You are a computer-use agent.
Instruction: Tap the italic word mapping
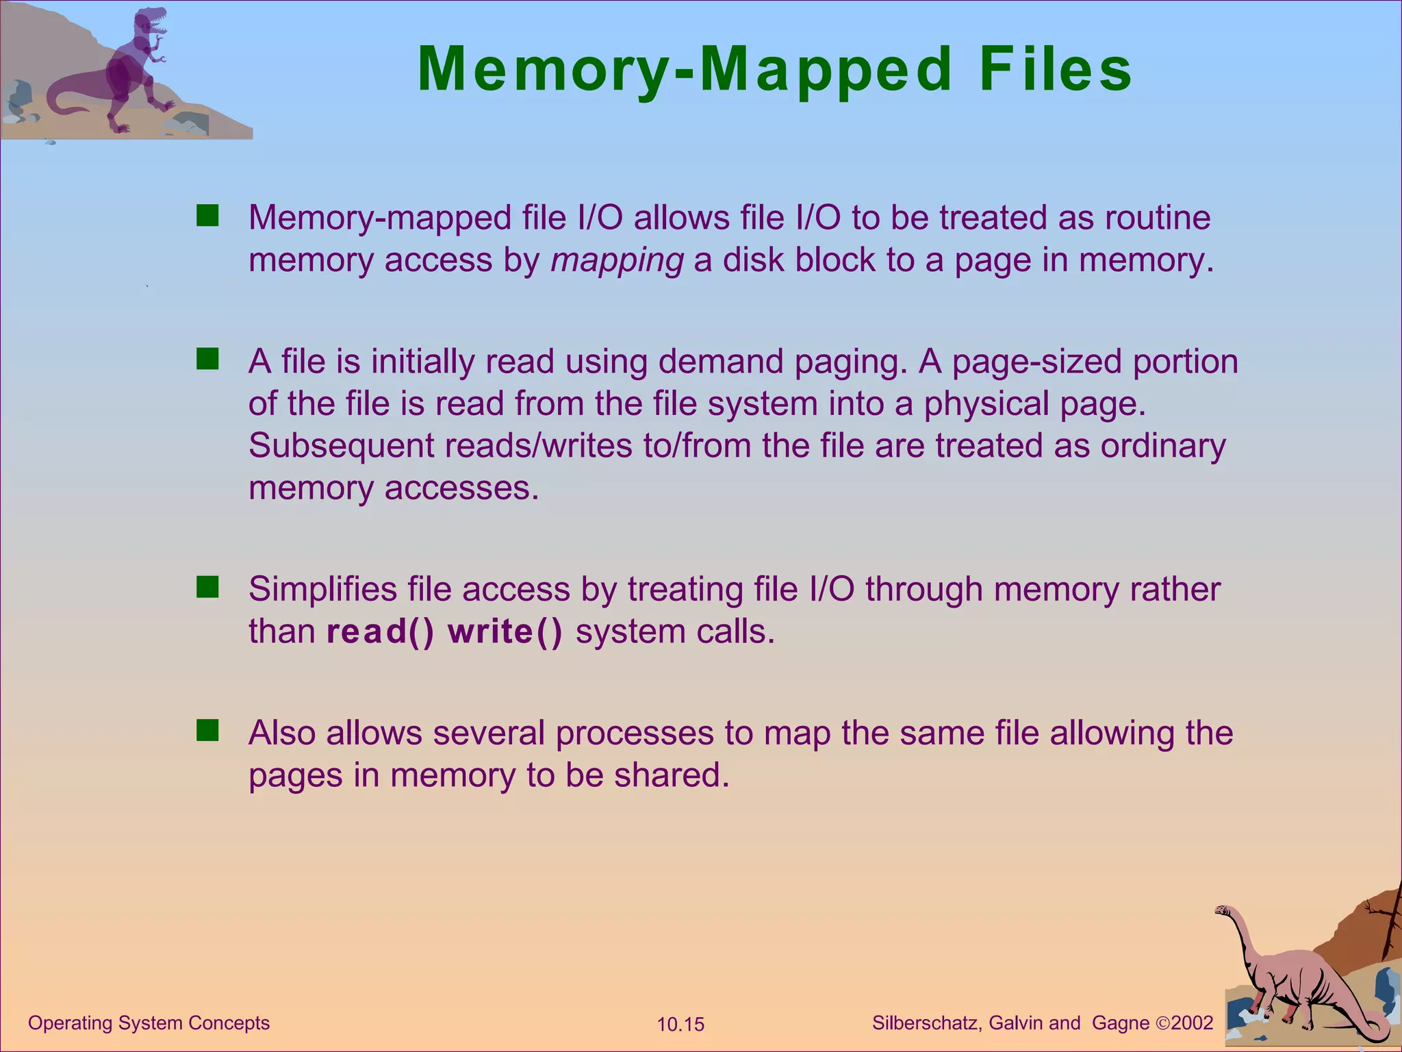tap(617, 261)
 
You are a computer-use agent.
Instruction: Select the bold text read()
tap(380, 631)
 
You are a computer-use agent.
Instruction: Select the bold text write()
tap(505, 631)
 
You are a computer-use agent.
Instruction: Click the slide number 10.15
tap(680, 1025)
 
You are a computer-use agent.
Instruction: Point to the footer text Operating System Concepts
tap(149, 1023)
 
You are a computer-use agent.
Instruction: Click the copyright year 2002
tap(1193, 1023)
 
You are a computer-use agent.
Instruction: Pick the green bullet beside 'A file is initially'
tap(207, 359)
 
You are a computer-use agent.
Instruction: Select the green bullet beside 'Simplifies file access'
tap(207, 587)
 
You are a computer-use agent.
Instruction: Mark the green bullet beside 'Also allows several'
tap(207, 731)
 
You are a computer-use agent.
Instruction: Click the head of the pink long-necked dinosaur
tap(1224, 910)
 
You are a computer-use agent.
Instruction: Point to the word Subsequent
tap(341, 446)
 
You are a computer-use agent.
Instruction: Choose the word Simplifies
tap(322, 589)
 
